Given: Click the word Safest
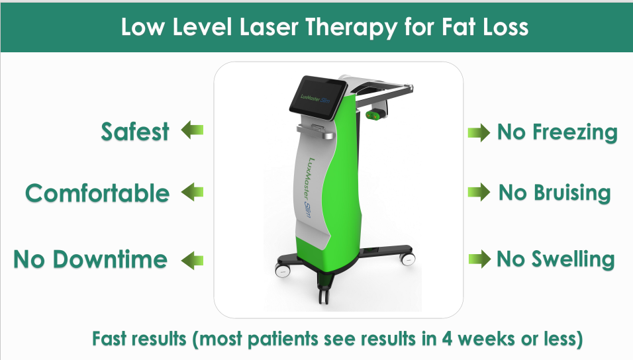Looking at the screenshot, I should pos(135,132).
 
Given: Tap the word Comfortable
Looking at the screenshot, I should pos(97,193).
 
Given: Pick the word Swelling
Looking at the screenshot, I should pos(573,259).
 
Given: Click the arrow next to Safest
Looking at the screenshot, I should pos(193,131).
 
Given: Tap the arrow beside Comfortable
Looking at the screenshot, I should pos(193,193).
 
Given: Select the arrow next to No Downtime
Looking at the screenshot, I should pos(193,259).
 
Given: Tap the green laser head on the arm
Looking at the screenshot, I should pos(374,116).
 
